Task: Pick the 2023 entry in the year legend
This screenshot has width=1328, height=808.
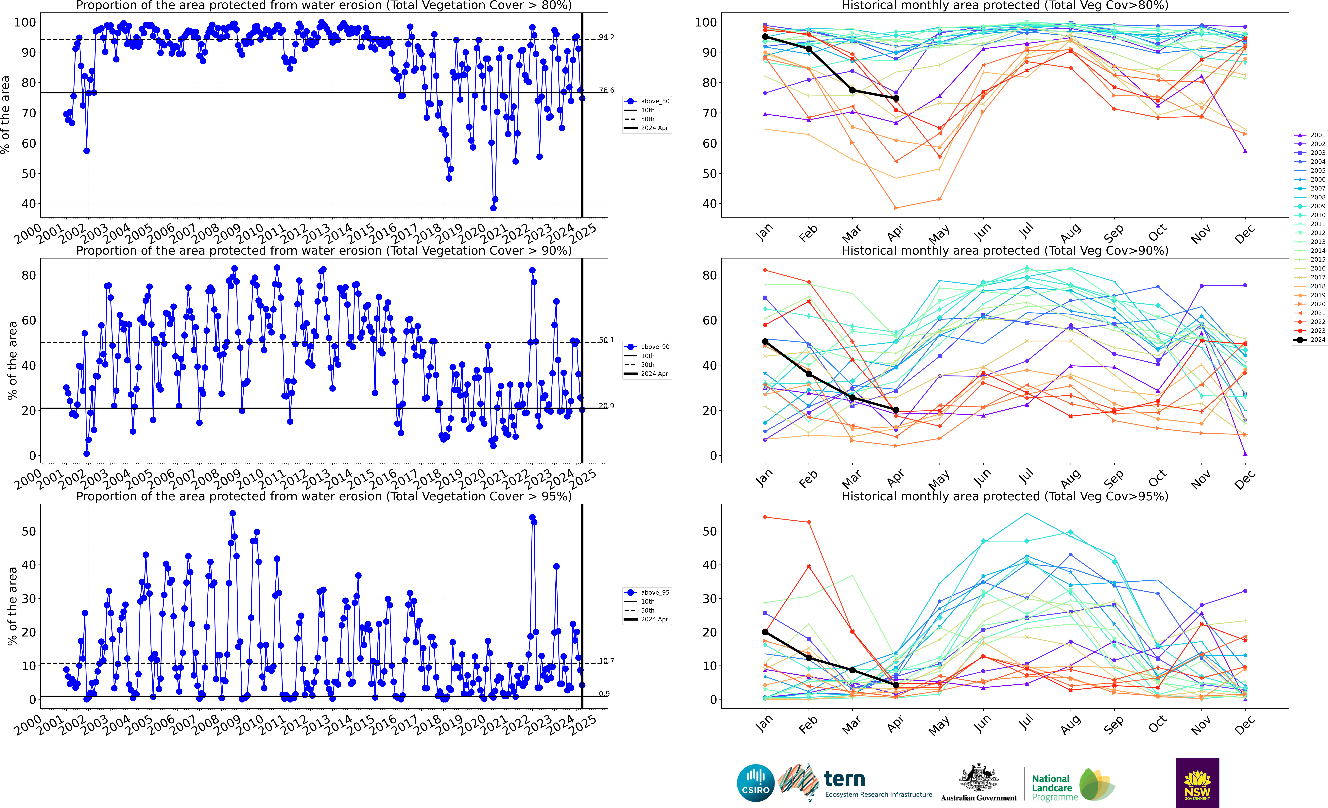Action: coord(1310,331)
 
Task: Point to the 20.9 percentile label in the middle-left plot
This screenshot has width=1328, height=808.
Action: coord(606,406)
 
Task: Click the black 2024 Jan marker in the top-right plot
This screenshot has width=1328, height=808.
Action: coord(765,37)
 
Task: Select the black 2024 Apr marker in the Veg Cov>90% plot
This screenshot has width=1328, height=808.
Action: coord(896,410)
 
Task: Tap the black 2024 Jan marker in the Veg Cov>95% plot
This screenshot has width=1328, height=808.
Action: coord(765,632)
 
